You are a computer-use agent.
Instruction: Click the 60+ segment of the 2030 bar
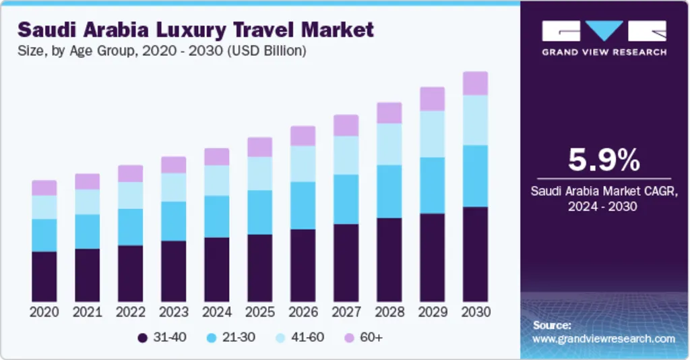[x=475, y=84]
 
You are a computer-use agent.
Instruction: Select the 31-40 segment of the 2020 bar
[x=44, y=276]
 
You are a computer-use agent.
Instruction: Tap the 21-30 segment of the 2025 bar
[x=259, y=212]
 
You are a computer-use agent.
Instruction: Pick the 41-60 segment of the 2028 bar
[x=389, y=144]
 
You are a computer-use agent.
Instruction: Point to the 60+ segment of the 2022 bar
[x=130, y=173]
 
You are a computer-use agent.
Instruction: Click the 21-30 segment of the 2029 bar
[x=432, y=185]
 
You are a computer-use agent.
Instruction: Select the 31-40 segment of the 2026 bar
[x=303, y=265]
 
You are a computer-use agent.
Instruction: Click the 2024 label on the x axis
[x=216, y=312]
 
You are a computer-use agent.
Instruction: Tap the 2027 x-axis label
[x=346, y=312]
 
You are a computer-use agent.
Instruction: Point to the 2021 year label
[x=87, y=312]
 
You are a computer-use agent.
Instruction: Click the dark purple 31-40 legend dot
[x=142, y=337]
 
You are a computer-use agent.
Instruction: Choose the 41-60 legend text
[x=306, y=337]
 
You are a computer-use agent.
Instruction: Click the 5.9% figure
[x=604, y=160]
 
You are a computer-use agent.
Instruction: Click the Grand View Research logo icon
[x=604, y=31]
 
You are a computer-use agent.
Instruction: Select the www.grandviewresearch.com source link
[x=603, y=338]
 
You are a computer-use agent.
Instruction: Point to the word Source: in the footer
[x=552, y=325]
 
